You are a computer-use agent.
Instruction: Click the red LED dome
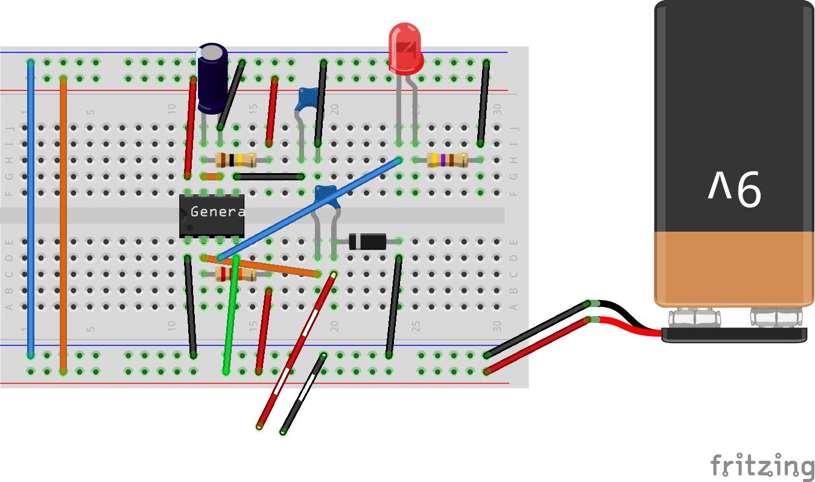point(405,48)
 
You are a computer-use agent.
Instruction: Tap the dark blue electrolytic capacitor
point(212,78)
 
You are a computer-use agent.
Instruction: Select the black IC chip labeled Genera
point(211,215)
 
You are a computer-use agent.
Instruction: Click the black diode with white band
point(367,242)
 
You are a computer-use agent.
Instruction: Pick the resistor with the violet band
point(447,160)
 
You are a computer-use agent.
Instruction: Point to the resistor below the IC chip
point(235,274)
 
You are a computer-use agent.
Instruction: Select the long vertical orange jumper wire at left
point(63,223)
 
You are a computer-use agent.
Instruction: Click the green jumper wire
point(231,314)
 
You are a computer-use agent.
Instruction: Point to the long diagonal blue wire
point(308,209)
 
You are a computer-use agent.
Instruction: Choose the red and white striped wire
point(296,350)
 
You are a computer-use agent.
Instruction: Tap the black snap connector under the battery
point(734,335)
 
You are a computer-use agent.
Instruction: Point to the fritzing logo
point(761,466)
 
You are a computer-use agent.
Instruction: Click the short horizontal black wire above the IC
point(268,177)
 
